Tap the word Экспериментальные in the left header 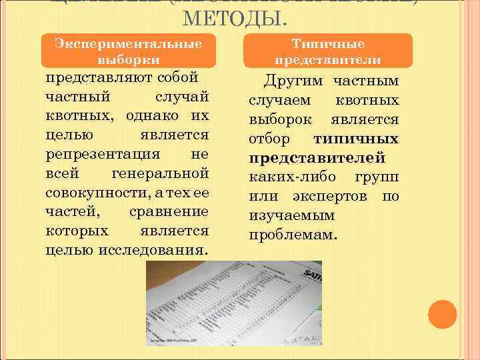point(129,43)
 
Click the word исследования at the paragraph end point(157,251)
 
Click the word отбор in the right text point(269,139)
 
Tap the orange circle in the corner point(441,314)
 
